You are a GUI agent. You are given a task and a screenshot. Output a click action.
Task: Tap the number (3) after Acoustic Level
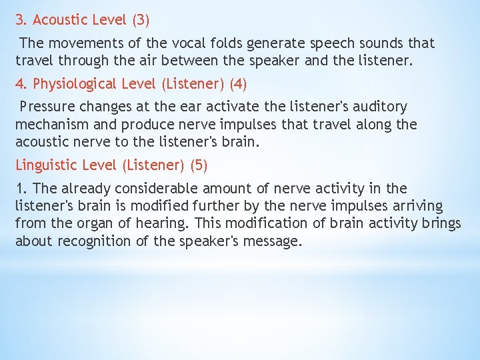(141, 20)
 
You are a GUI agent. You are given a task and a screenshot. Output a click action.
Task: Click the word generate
(275, 44)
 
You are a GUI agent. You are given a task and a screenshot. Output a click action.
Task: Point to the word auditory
(379, 107)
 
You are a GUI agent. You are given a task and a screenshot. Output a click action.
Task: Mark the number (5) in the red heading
(199, 165)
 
